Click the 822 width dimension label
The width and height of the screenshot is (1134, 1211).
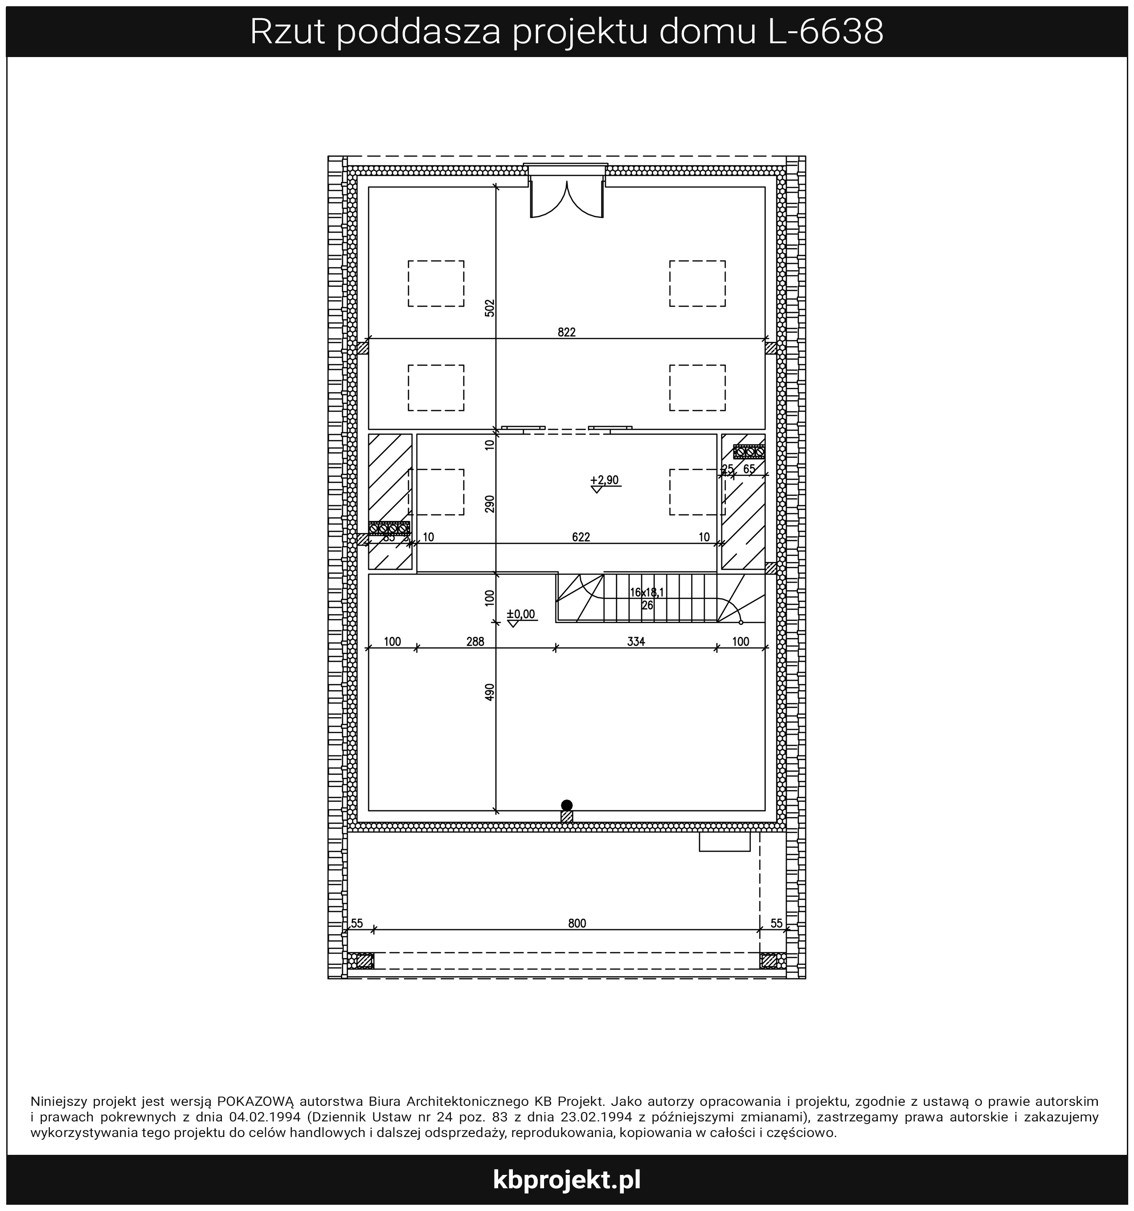pyautogui.click(x=566, y=332)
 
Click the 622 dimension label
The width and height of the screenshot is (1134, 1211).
pyautogui.click(x=581, y=537)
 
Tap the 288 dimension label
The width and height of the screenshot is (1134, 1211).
pyautogui.click(x=475, y=641)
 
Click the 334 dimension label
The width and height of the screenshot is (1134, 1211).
pyautogui.click(x=635, y=641)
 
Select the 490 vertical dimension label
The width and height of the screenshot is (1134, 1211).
pyautogui.click(x=490, y=693)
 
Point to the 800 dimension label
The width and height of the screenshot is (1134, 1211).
pyautogui.click(x=577, y=924)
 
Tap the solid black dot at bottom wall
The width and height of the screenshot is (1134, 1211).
pyautogui.click(x=567, y=805)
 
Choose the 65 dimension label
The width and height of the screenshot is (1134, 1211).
pyautogui.click(x=749, y=469)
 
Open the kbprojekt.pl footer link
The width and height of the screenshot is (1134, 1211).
pyautogui.click(x=567, y=1179)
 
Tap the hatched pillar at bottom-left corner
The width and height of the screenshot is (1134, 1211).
pyautogui.click(x=364, y=961)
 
